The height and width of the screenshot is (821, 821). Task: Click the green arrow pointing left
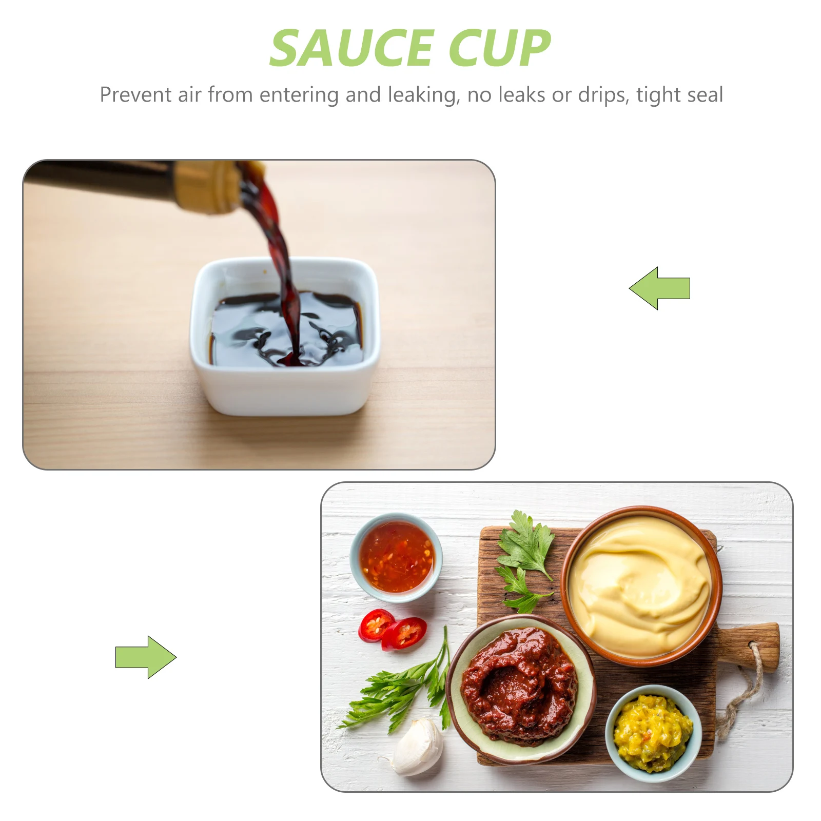point(659,288)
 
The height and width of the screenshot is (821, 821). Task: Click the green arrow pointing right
point(146,657)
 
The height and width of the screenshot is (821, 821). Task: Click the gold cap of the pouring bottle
point(205,186)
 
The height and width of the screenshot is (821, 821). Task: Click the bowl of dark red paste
point(519,688)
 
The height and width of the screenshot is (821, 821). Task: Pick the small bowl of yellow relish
point(653,733)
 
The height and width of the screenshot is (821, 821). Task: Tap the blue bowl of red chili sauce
point(396,557)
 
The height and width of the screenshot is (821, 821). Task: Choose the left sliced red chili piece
point(375,624)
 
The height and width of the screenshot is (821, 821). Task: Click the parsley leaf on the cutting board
point(526,546)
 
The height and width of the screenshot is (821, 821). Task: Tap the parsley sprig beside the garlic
point(395,688)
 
